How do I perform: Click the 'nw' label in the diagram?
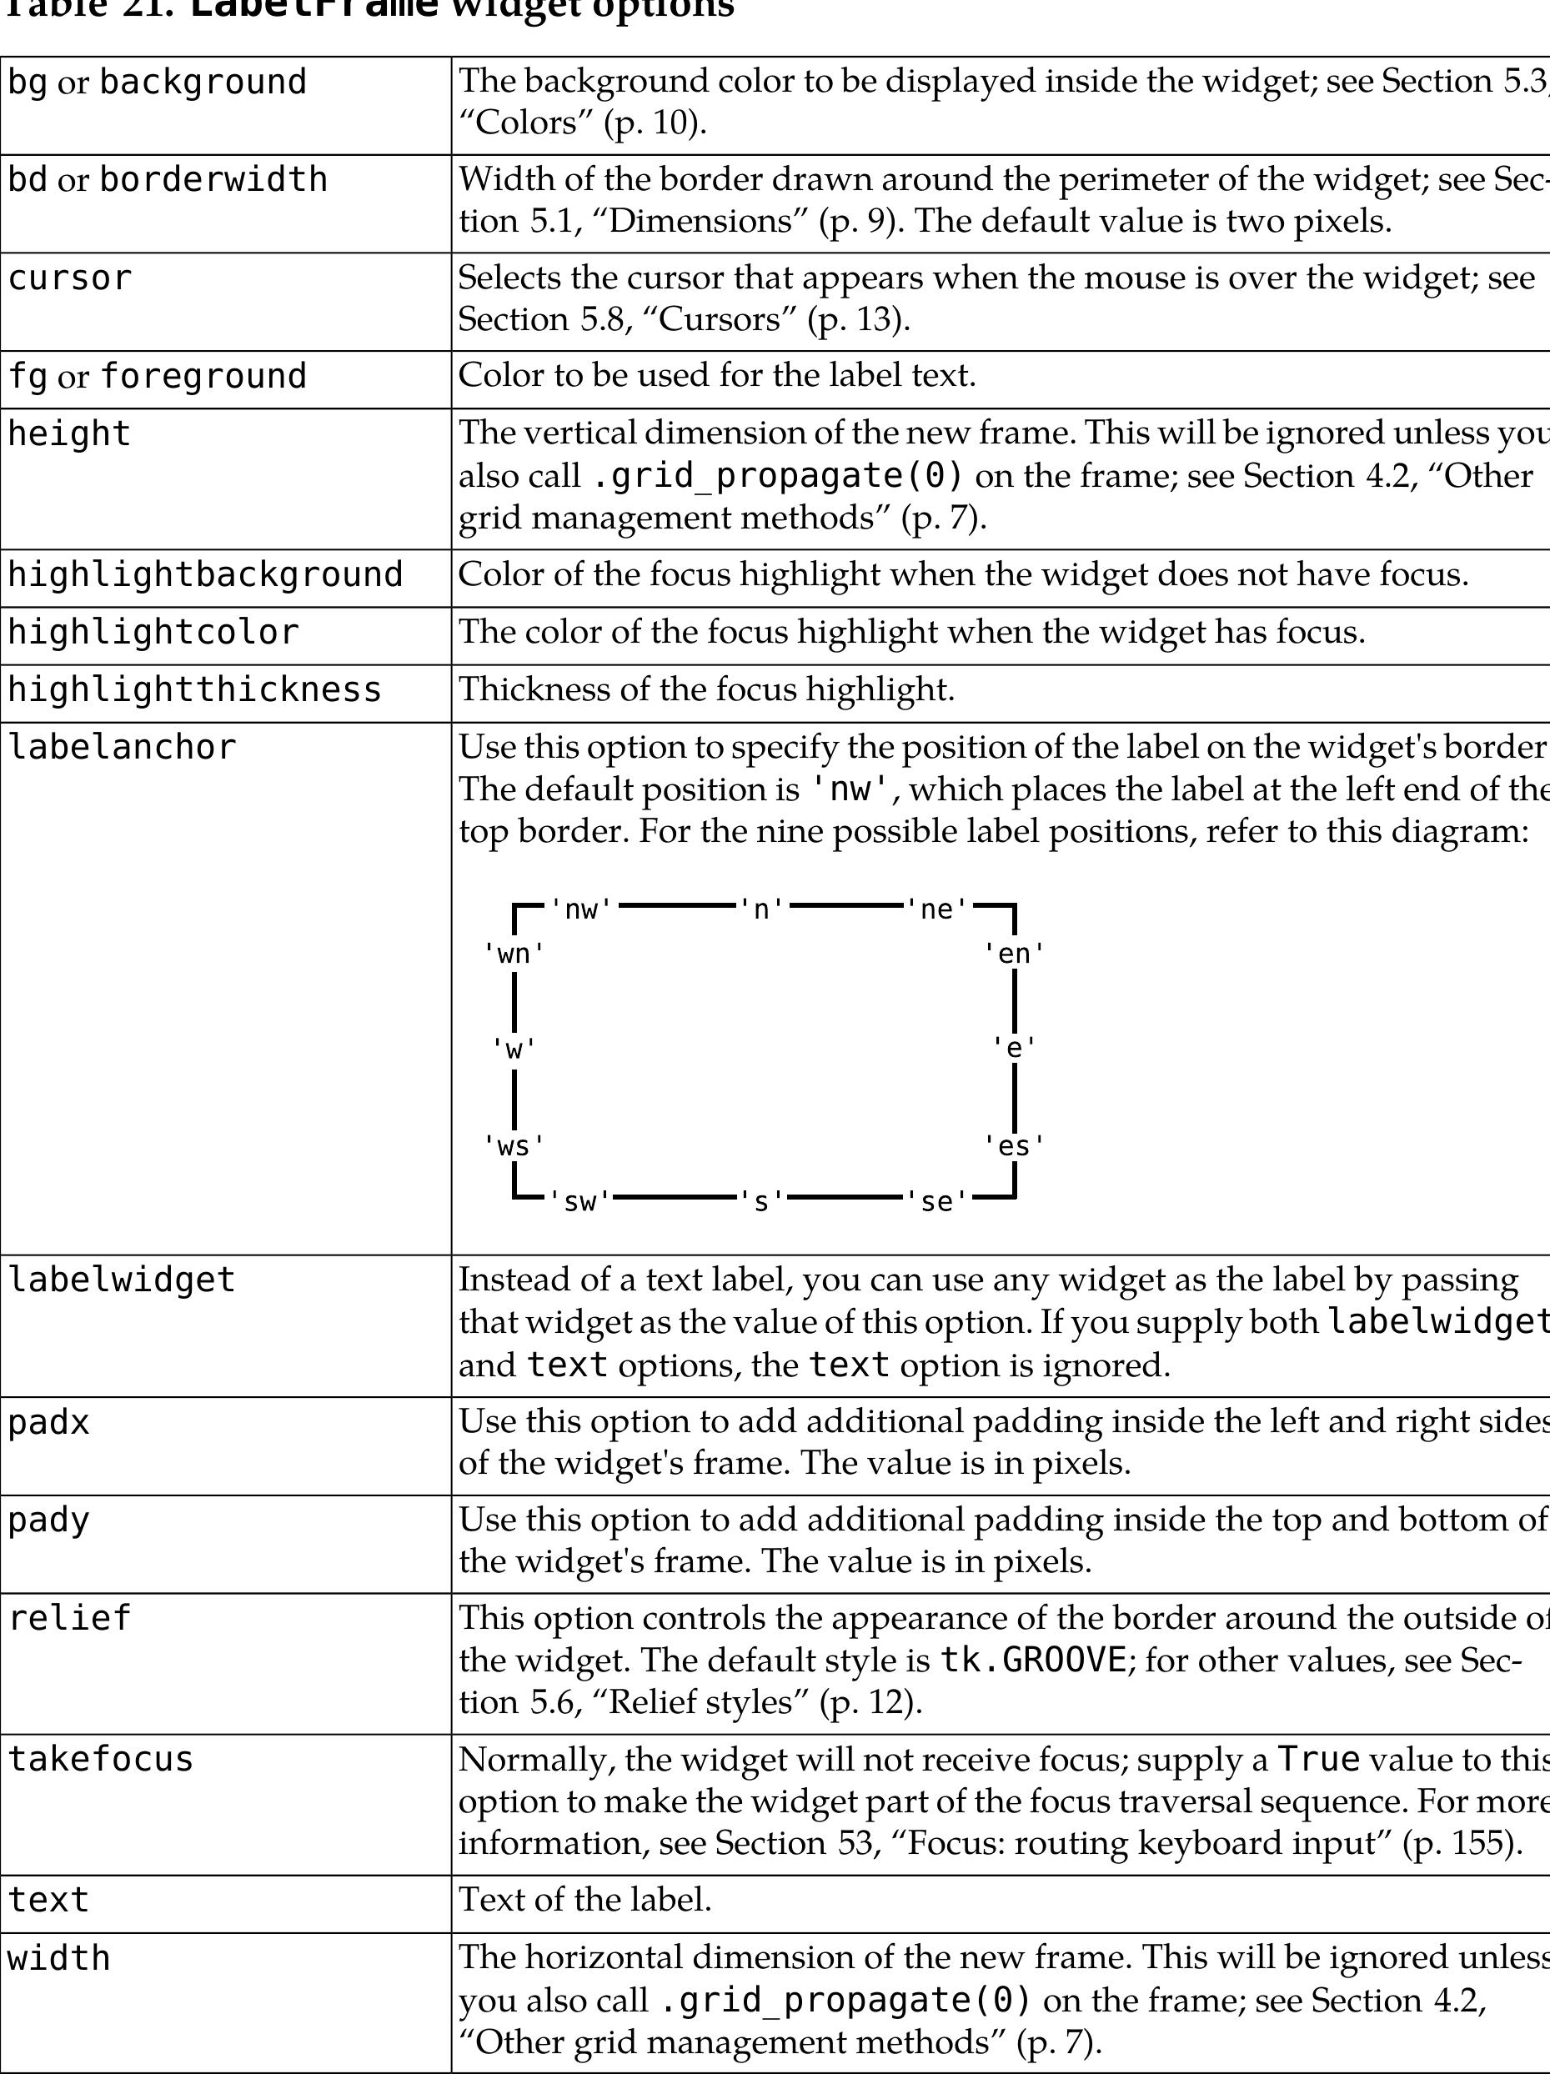click(x=581, y=909)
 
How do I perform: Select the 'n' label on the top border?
click(x=762, y=909)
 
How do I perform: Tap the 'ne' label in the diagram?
click(x=936, y=909)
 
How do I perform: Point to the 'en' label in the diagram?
click(x=1014, y=954)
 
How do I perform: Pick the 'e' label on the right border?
click(x=1014, y=1048)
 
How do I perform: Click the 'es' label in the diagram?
click(x=1014, y=1146)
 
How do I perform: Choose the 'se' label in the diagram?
click(x=936, y=1202)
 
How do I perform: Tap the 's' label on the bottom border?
click(x=762, y=1202)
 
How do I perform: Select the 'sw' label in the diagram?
click(x=581, y=1202)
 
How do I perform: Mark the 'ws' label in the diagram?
click(x=514, y=1146)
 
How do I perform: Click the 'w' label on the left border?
click(x=514, y=1048)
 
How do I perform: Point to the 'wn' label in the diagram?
click(x=514, y=954)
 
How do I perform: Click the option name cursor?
click(x=69, y=278)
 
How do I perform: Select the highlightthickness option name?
click(x=195, y=689)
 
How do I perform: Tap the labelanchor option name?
click(x=122, y=748)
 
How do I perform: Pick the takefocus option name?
click(x=100, y=1759)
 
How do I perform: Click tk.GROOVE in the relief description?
click(x=1032, y=1661)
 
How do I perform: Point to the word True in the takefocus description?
click(x=1319, y=1759)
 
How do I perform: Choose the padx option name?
click(x=49, y=1423)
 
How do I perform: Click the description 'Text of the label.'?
click(x=585, y=1900)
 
